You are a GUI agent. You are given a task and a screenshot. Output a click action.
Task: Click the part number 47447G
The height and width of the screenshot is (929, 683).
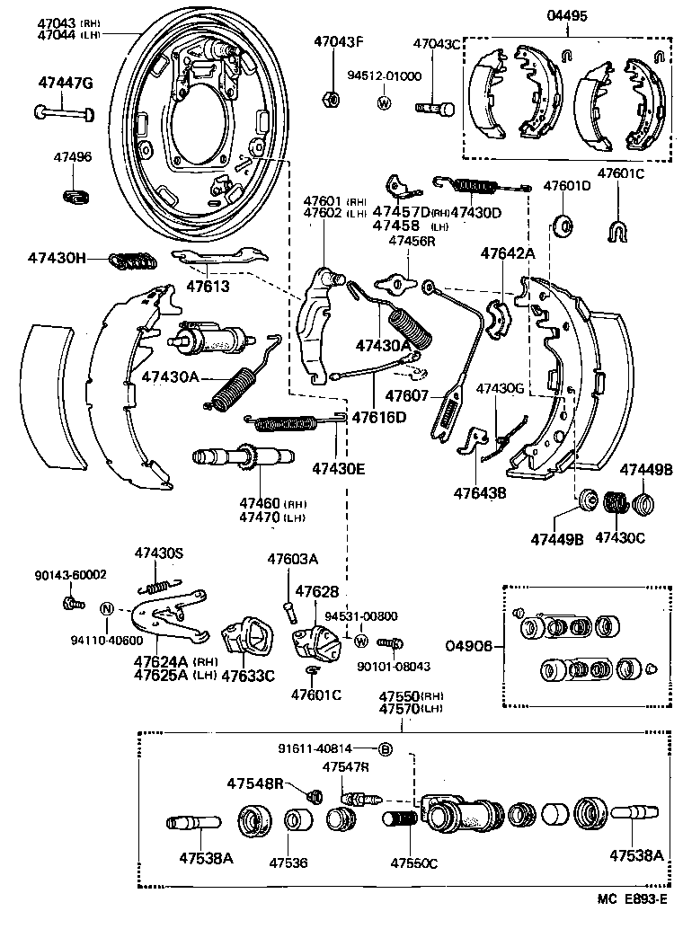click(x=65, y=83)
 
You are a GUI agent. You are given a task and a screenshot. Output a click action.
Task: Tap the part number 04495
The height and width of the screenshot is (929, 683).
click(x=567, y=15)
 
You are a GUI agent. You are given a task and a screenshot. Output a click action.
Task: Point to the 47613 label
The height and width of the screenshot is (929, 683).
click(x=208, y=288)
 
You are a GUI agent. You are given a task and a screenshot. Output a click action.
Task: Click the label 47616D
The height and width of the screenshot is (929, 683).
click(x=378, y=417)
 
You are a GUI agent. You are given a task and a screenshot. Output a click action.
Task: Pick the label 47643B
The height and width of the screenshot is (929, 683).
click(x=481, y=492)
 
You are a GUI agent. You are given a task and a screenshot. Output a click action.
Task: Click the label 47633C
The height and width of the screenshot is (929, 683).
click(x=247, y=676)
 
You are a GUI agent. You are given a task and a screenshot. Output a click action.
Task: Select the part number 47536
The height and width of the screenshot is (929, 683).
click(x=288, y=862)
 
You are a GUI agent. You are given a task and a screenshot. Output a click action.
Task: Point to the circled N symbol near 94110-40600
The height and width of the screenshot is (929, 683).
click(x=106, y=607)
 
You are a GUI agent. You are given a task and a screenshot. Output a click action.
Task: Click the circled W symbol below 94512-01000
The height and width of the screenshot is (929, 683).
click(x=384, y=102)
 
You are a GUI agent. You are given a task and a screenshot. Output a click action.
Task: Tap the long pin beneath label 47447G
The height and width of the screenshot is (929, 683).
click(x=66, y=112)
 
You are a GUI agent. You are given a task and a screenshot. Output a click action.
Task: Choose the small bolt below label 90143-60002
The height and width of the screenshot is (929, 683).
click(x=70, y=603)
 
